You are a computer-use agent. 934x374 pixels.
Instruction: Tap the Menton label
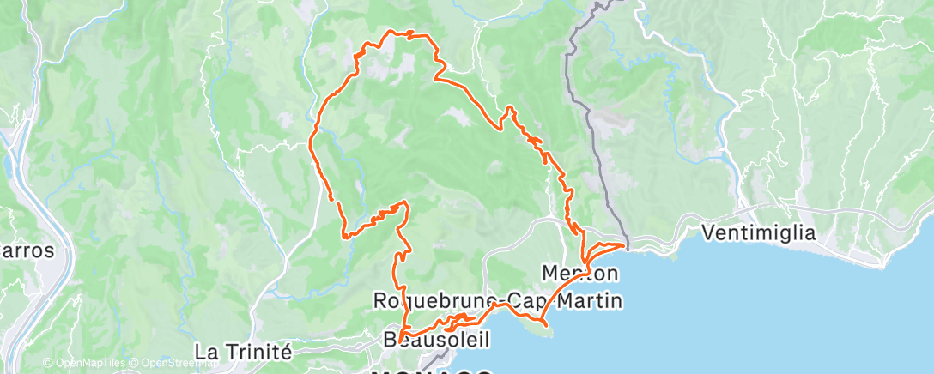pyautogui.click(x=580, y=274)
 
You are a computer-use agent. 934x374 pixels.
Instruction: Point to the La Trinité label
pyautogui.click(x=244, y=352)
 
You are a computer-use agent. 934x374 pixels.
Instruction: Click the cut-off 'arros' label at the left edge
pyautogui.click(x=26, y=252)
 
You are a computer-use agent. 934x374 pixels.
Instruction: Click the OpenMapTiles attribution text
pyautogui.click(x=88, y=364)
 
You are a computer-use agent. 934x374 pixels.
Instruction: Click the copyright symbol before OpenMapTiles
pyautogui.click(x=47, y=364)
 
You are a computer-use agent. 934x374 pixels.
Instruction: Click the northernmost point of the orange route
pyautogui.click(x=395, y=32)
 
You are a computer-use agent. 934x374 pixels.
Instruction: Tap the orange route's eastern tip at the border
pyautogui.click(x=624, y=245)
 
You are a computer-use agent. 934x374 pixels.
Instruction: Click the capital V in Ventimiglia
pyautogui.click(x=709, y=232)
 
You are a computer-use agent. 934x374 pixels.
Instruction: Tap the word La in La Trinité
pyautogui.click(x=206, y=352)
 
